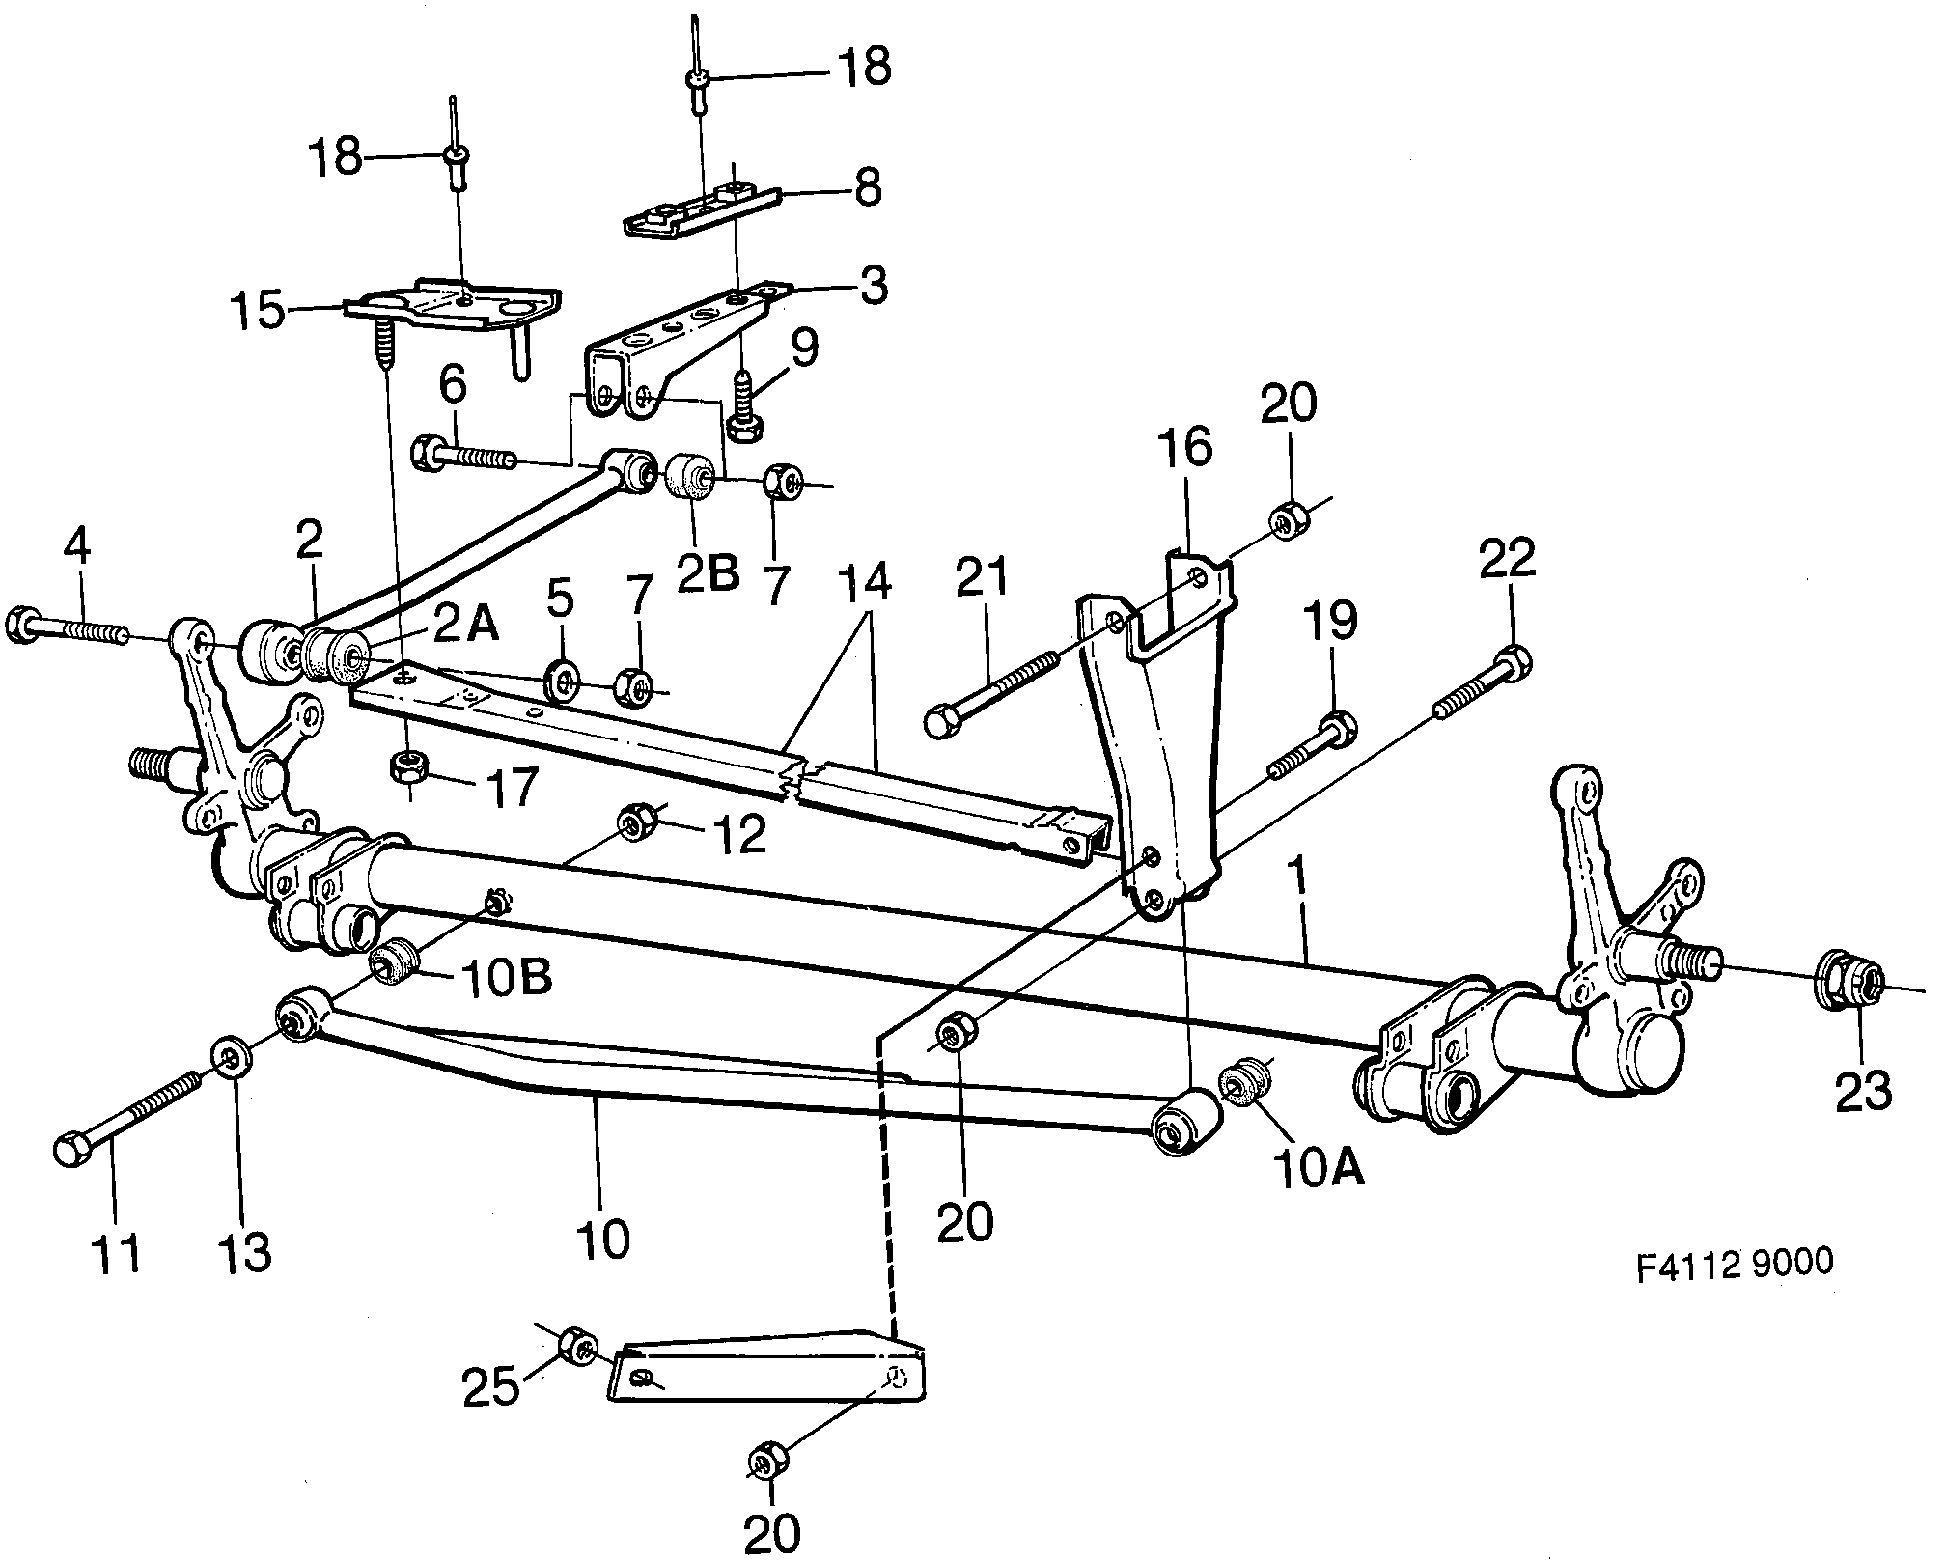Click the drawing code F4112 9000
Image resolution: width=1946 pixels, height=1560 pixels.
1734,1264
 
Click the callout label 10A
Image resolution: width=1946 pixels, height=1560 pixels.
1320,1169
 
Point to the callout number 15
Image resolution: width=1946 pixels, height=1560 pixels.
258,311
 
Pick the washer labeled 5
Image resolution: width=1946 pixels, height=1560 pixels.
563,682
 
